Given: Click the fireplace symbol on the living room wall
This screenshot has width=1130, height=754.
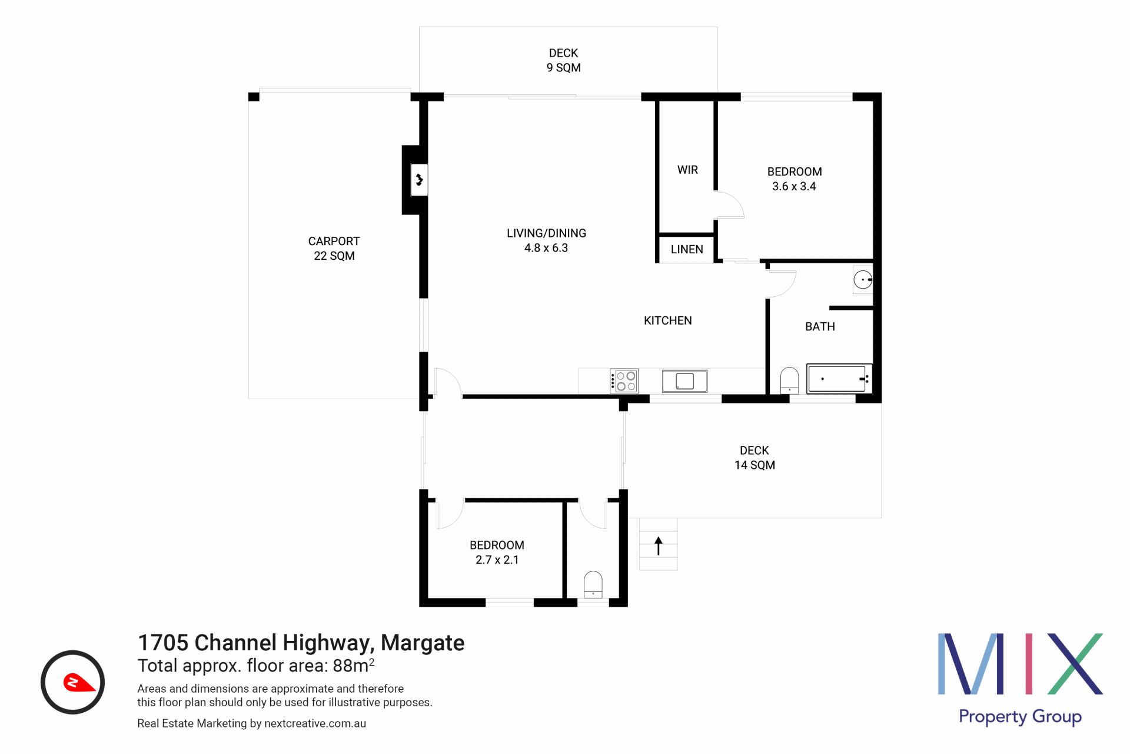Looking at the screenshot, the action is (x=419, y=179).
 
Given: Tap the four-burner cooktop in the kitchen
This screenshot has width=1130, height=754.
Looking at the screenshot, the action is (x=624, y=381).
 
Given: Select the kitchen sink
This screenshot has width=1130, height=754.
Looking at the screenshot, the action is (x=684, y=381).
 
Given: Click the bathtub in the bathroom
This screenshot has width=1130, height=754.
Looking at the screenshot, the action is (x=839, y=378).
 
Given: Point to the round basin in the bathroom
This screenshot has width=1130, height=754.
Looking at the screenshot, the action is (x=863, y=280).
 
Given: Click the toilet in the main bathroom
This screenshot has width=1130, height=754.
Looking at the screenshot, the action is (x=789, y=380).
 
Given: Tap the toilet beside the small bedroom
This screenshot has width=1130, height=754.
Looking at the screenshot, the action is (x=593, y=584).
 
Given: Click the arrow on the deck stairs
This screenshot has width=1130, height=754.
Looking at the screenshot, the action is (x=659, y=546).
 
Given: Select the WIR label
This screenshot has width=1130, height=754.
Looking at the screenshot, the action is (x=687, y=170).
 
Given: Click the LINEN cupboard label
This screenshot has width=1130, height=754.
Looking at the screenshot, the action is (x=687, y=249).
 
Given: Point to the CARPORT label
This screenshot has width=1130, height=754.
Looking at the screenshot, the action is (x=334, y=241).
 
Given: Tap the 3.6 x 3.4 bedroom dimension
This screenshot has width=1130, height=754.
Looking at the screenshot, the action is (x=794, y=186).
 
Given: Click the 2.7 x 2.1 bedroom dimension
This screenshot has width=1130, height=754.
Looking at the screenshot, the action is (x=497, y=560).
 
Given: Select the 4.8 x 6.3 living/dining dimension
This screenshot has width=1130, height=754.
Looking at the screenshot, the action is (x=546, y=248).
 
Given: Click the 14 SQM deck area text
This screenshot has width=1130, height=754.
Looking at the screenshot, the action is (x=755, y=465).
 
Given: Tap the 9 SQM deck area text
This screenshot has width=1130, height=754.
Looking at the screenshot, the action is (x=564, y=68).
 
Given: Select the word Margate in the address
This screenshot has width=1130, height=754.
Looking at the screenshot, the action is (x=423, y=643).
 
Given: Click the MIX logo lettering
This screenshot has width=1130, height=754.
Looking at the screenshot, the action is (x=1020, y=664).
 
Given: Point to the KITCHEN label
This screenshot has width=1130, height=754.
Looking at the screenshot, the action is (x=668, y=320).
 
